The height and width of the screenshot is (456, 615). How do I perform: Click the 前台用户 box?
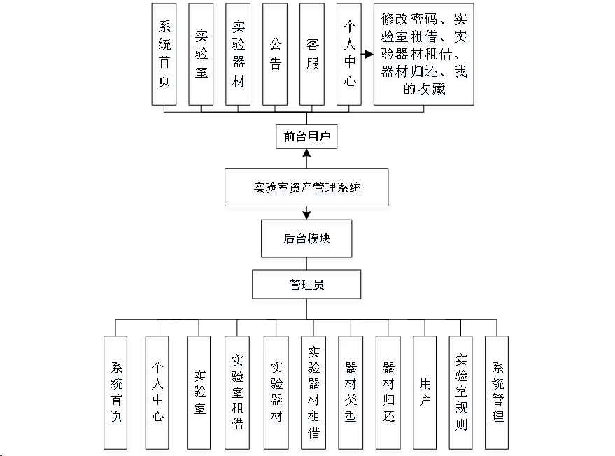(x=306, y=136)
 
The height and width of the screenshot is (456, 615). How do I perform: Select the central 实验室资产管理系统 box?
(x=306, y=187)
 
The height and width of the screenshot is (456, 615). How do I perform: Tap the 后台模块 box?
(x=306, y=238)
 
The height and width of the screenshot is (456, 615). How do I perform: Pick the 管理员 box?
(x=306, y=284)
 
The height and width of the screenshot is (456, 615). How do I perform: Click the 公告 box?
(x=275, y=54)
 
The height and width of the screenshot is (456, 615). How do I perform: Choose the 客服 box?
(x=312, y=54)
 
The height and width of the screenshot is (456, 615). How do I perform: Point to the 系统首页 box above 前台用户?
(x=164, y=54)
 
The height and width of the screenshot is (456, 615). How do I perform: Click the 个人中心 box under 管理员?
(x=157, y=392)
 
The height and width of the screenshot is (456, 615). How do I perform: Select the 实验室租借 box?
(x=237, y=392)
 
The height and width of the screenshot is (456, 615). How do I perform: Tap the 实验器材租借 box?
(x=313, y=392)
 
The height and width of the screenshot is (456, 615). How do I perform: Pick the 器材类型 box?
(x=351, y=392)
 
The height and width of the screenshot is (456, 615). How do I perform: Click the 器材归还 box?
(x=389, y=392)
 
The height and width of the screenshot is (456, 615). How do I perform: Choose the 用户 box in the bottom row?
(x=425, y=392)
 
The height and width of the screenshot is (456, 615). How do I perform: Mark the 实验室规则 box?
(x=461, y=392)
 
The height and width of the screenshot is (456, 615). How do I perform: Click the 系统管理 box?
(x=497, y=392)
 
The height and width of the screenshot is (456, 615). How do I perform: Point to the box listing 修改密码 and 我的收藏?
(x=424, y=54)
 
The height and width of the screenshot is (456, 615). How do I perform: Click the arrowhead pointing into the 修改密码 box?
(x=369, y=54)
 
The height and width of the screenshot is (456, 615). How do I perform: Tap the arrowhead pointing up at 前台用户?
(x=306, y=153)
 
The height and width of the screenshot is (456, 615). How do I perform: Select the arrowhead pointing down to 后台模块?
(x=306, y=215)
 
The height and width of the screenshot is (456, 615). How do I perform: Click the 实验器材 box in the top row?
(x=238, y=54)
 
